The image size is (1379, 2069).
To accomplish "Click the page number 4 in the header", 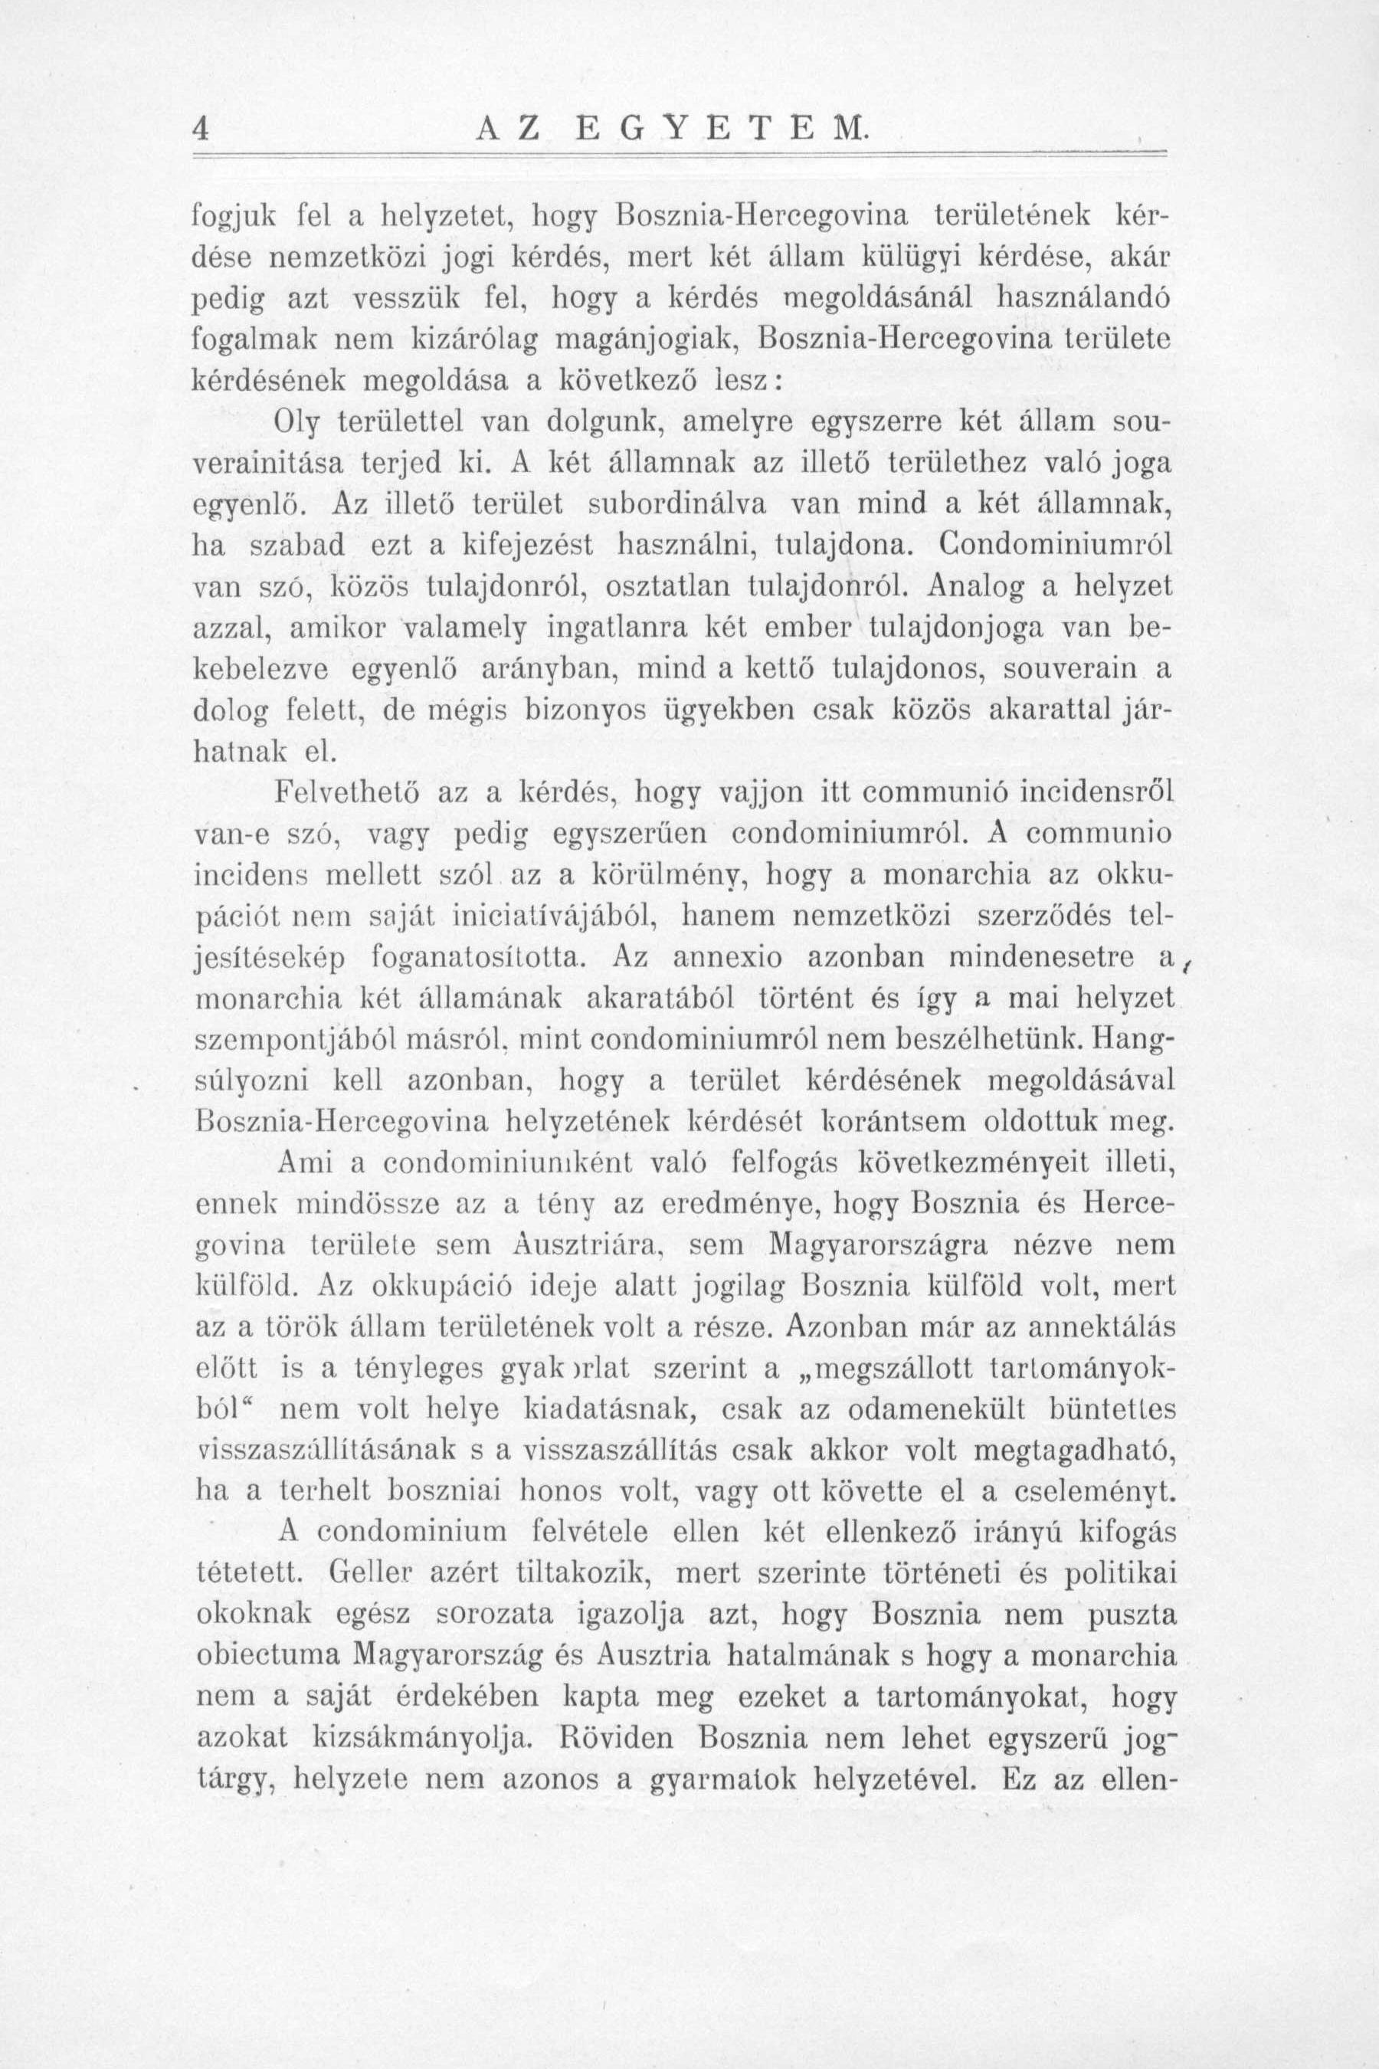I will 201,130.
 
